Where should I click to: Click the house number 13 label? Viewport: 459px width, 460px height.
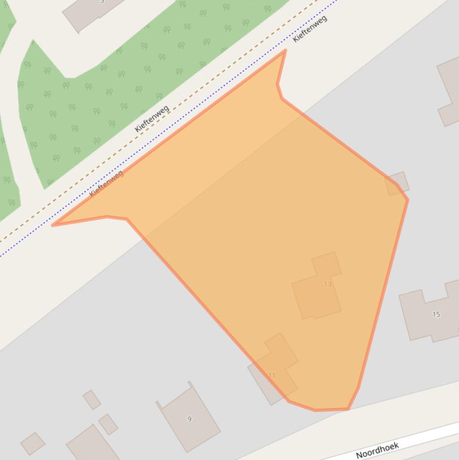pyautogui.click(x=327, y=284)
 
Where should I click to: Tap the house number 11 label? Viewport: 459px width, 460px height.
pyautogui.click(x=272, y=375)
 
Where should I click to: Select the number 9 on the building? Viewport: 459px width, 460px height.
pyautogui.click(x=189, y=419)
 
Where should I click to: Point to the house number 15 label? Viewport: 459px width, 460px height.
pyautogui.click(x=436, y=314)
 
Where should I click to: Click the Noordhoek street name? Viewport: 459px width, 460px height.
pyautogui.click(x=377, y=450)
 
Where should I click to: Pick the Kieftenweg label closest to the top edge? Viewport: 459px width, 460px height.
pyautogui.click(x=310, y=29)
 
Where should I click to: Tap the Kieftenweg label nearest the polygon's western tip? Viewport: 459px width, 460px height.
pyautogui.click(x=106, y=183)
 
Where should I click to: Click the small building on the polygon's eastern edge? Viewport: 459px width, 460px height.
pyautogui.click(x=398, y=183)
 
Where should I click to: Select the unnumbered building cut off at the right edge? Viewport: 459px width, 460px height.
pyautogui.click(x=449, y=90)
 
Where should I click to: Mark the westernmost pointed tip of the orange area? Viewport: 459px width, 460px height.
pyautogui.click(x=53, y=225)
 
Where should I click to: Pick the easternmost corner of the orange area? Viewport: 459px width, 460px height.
pyautogui.click(x=408, y=200)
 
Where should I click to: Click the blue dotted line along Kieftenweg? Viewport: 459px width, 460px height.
pyautogui.click(x=179, y=126)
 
